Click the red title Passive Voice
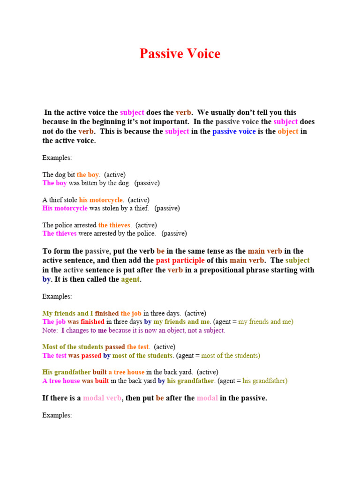pyautogui.click(x=180, y=54)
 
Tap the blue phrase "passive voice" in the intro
pyautogui.click(x=234, y=131)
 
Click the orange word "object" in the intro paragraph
pyautogui.click(x=288, y=131)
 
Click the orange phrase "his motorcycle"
pyautogui.click(x=101, y=200)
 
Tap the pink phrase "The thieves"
pyautogui.click(x=59, y=233)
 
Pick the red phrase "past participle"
pyautogui.click(x=180, y=261)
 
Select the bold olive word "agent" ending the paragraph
pyautogui.click(x=130, y=279)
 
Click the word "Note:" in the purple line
pyautogui.click(x=50, y=330)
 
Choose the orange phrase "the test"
pyautogui.click(x=138, y=347)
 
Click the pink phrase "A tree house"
pyautogui.click(x=61, y=381)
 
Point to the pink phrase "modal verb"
pyautogui.click(x=102, y=398)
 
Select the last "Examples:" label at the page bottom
pyautogui.click(x=57, y=415)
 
